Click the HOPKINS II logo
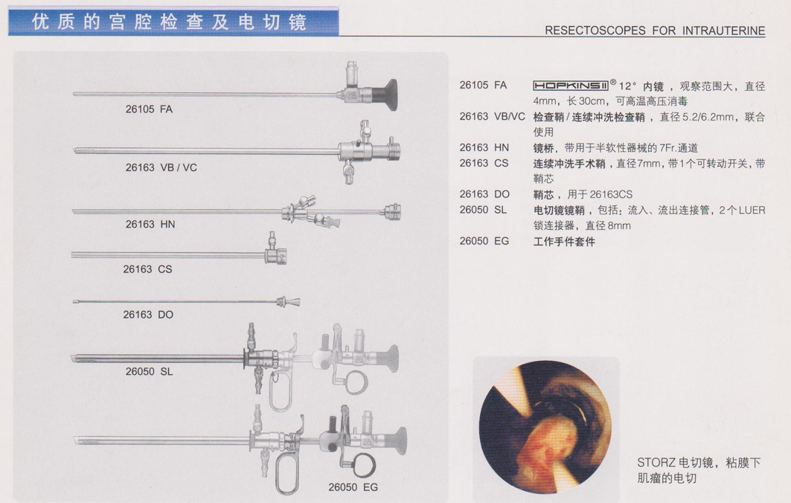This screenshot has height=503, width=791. [x=571, y=86]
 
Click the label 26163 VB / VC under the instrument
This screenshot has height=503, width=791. [x=161, y=167]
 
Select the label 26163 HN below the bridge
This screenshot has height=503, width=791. [x=150, y=224]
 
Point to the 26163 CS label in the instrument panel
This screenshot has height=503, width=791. [x=148, y=269]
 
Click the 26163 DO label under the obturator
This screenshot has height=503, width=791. [x=148, y=314]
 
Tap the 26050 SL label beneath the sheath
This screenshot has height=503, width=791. [x=150, y=371]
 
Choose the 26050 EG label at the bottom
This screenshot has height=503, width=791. [x=353, y=487]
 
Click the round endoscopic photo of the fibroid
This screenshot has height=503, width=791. [x=545, y=427]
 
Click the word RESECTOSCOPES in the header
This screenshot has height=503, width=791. [x=595, y=31]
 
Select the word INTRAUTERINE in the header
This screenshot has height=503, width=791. [x=723, y=31]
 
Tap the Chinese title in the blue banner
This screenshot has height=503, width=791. [x=170, y=22]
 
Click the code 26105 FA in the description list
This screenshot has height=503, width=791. [x=483, y=86]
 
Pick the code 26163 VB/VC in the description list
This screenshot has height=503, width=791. [x=493, y=117]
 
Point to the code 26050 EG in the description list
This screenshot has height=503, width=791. [x=484, y=241]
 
